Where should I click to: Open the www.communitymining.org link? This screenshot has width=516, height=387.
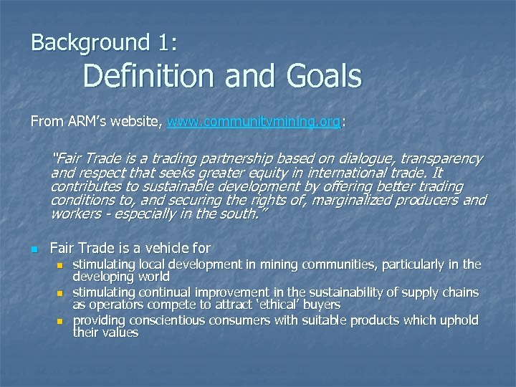point(254,123)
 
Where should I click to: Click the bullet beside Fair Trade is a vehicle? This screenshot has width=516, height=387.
point(34,249)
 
